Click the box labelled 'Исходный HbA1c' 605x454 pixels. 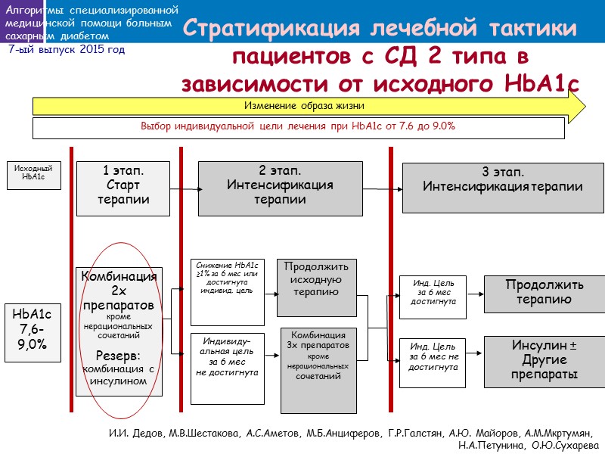point(33,175)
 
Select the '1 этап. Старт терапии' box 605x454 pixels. point(123,185)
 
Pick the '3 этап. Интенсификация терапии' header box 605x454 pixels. point(502,187)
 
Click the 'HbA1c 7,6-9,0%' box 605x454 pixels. point(32,328)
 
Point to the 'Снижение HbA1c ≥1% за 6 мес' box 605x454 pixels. point(227,292)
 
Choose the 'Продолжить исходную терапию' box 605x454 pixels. point(316,288)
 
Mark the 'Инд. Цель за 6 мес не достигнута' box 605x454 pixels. point(433,362)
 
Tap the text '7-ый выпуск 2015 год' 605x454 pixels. point(67,49)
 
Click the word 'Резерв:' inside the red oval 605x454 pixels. point(119,356)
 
